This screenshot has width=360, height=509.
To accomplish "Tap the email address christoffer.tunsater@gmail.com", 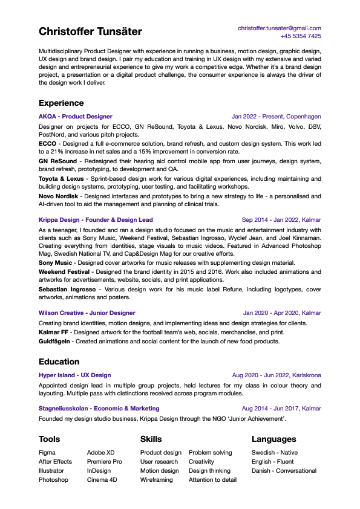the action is point(279,28).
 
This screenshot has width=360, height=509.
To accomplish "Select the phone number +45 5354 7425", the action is point(301,36).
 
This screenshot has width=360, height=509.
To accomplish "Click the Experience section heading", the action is point(61,103).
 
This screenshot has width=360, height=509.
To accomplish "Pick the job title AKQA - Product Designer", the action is point(76,117).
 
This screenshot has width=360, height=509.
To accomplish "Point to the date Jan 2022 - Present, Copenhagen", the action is point(276,117).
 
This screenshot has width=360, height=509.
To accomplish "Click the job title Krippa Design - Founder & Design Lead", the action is point(96,220).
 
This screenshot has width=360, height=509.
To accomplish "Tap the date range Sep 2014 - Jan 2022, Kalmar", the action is point(281,220).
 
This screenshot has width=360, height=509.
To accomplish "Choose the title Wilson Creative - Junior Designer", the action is point(87,313).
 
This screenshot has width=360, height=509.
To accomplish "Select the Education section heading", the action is point(59,361).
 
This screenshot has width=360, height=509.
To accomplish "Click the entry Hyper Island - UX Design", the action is point(75,375).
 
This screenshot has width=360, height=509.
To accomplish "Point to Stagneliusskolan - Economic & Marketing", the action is point(99,409).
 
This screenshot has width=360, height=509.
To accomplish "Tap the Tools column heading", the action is point(50,439).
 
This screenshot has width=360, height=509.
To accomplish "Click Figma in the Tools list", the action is point(47,452).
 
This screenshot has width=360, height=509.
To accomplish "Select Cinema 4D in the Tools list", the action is point(102,479).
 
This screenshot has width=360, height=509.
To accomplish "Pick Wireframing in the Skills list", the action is point(157,479).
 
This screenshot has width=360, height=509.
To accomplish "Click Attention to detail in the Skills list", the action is point(212,479).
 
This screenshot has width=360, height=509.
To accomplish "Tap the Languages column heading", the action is point(274,439).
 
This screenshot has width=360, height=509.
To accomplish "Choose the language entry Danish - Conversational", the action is point(284,470).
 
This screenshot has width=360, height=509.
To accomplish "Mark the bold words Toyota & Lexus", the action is point(61,179).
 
